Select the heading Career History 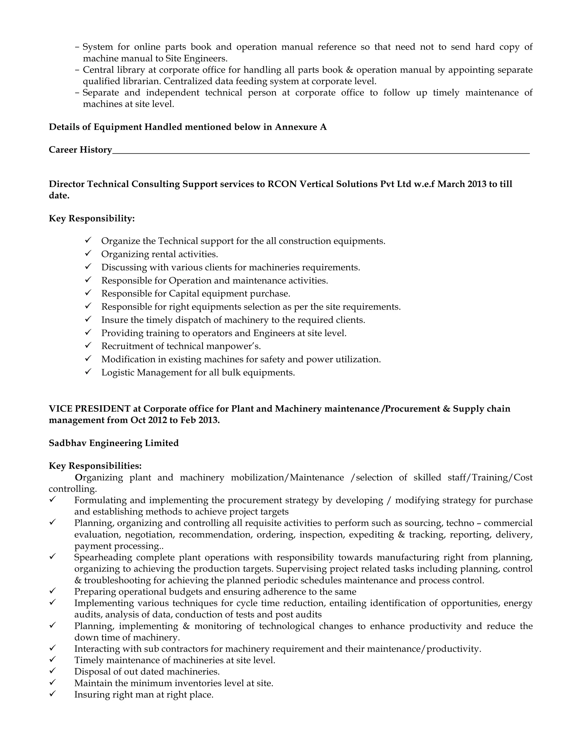tap(80, 150)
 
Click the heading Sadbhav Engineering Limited tap(113, 443)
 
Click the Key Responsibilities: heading tap(95, 466)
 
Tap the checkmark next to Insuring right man tap(52, 693)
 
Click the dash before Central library tap(77, 70)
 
